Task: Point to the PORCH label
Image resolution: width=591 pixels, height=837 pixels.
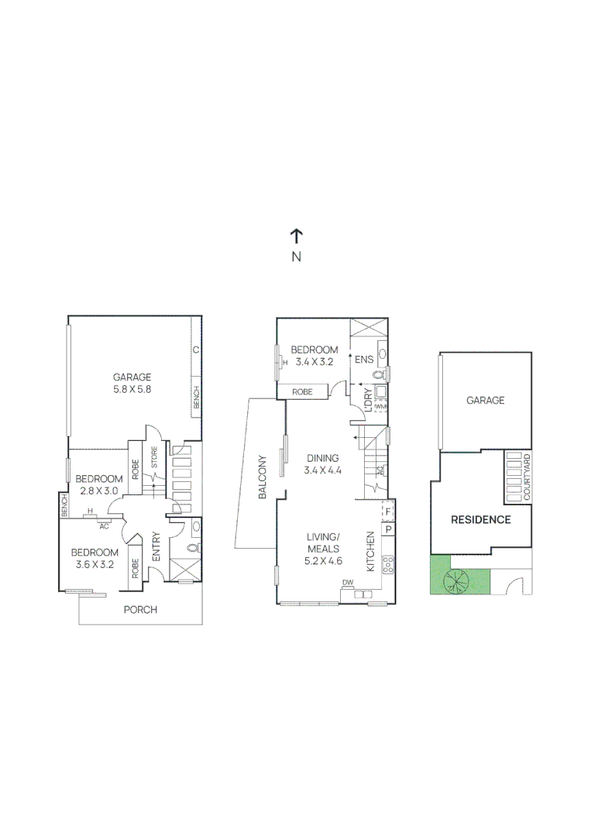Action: click(x=140, y=610)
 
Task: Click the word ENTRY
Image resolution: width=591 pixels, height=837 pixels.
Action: click(x=156, y=546)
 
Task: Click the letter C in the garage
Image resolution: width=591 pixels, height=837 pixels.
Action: click(x=196, y=350)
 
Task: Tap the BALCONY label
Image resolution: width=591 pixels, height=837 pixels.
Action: click(x=263, y=476)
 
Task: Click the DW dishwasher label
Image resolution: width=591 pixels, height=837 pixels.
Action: click(x=347, y=583)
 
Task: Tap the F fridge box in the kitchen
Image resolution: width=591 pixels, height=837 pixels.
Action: click(x=388, y=512)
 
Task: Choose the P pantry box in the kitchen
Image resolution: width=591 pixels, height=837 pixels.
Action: click(x=388, y=530)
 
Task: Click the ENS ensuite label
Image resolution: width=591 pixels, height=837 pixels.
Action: click(x=363, y=360)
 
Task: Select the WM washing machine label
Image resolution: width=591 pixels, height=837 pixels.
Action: click(x=380, y=406)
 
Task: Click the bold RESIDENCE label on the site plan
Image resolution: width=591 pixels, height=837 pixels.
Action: click(x=481, y=519)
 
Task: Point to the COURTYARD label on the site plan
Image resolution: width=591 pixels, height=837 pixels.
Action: click(x=527, y=478)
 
